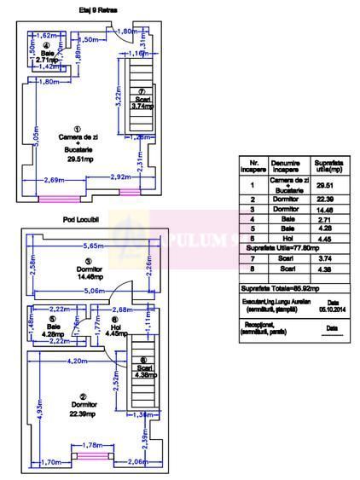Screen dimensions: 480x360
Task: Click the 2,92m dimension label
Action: (x=121, y=177)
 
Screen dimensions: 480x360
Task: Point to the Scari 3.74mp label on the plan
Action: (x=142, y=103)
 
